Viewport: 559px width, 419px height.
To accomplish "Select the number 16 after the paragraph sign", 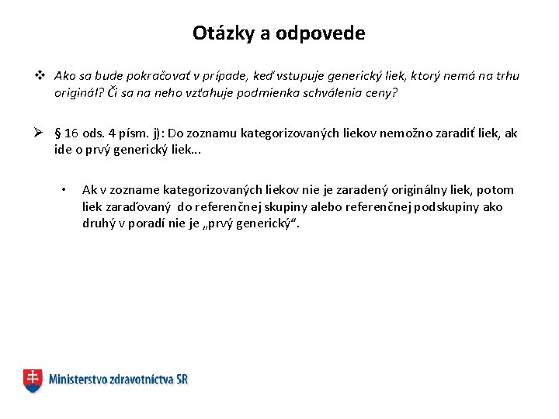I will click(71, 133).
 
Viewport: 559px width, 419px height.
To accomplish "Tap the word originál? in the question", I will click(79, 92).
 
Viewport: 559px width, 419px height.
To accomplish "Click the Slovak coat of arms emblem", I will click(33, 380).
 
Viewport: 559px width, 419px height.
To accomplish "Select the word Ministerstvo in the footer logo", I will click(81, 380).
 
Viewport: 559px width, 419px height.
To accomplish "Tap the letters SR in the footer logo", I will click(180, 380).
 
